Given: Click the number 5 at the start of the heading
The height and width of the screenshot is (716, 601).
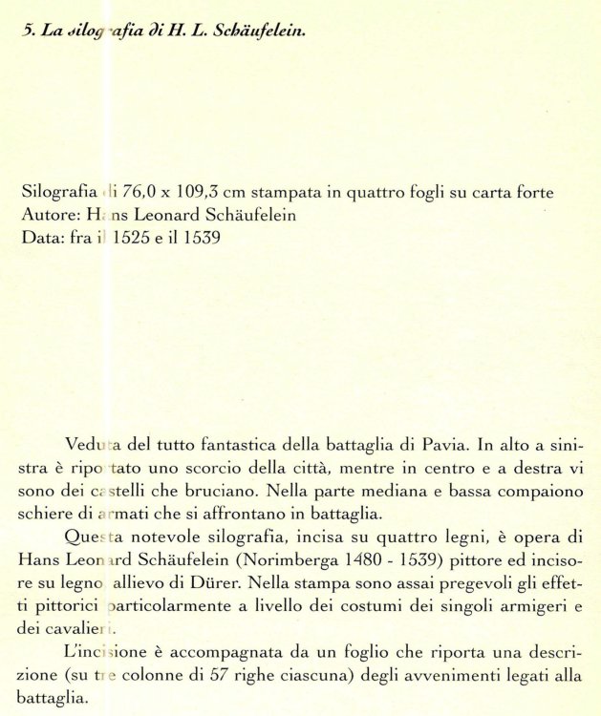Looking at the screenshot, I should (26, 32).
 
